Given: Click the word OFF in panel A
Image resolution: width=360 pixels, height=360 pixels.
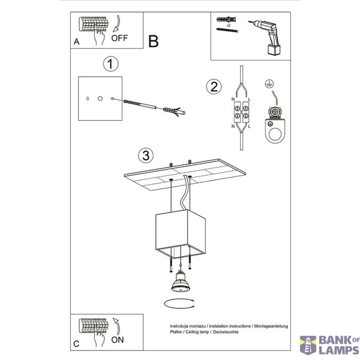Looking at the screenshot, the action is tap(119, 38).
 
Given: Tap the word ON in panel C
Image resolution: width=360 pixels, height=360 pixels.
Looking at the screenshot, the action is tap(118, 340).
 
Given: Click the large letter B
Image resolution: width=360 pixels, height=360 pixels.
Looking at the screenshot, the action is tap(154, 41).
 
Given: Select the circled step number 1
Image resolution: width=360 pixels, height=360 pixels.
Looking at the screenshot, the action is tap(111, 64).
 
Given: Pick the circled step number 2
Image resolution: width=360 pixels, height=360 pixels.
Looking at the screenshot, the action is tap(214, 87).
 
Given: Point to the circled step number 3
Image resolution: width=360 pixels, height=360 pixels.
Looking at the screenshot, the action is tap(146, 155).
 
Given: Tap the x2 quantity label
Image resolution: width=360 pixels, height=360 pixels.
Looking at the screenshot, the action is tap(228, 26).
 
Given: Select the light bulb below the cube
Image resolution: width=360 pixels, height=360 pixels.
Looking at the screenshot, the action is tap(181, 282).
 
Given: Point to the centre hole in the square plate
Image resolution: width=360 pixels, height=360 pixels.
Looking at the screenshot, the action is tap(100, 98).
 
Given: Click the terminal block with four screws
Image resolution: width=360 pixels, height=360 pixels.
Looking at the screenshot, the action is tap(241, 112).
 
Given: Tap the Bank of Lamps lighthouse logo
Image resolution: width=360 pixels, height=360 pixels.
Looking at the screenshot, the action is tap(308, 345).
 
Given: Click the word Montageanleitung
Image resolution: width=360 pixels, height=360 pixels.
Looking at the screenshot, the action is tap(271, 326).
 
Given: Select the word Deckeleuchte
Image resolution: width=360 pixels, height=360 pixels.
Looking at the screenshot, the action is tap(226, 332).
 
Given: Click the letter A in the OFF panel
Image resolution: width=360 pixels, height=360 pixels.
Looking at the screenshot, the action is tap(76, 41).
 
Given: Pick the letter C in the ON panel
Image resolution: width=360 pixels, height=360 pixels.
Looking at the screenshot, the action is tap(76, 344).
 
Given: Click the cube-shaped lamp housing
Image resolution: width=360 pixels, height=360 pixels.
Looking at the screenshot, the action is tap(181, 234).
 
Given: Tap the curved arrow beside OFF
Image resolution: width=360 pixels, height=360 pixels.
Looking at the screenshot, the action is tap(118, 23).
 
